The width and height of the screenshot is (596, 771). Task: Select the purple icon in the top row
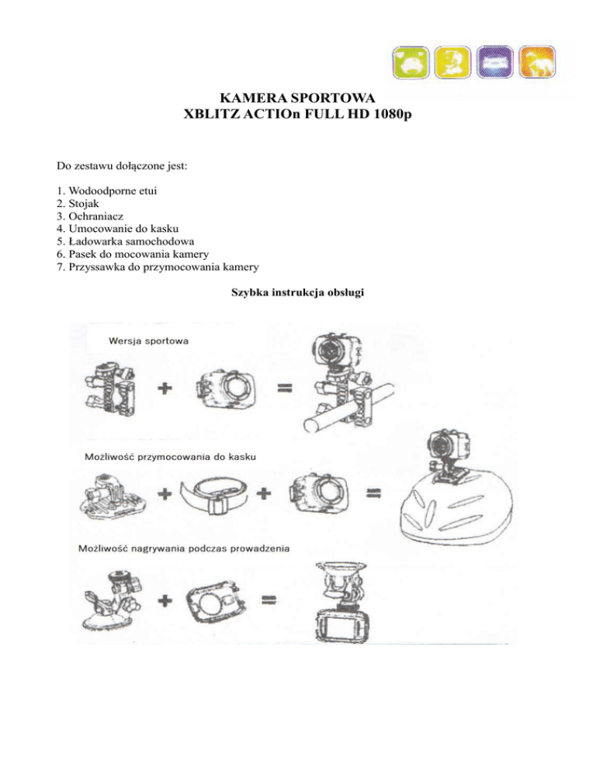pos(497,63)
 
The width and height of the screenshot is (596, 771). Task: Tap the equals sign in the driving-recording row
pos(269,599)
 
